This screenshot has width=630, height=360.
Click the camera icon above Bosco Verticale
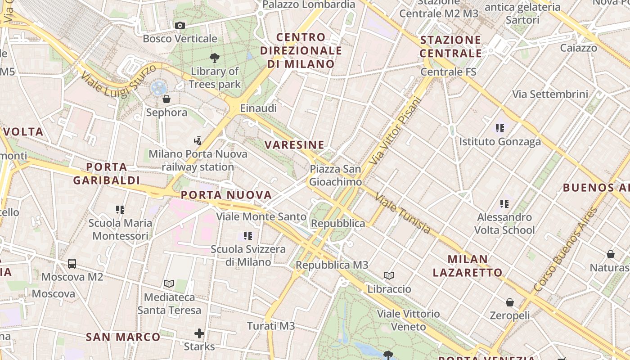pos(180,26)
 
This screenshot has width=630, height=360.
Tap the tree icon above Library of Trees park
pos(215,58)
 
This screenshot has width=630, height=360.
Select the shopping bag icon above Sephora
pos(166,99)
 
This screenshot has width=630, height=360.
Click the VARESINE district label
pos(294,145)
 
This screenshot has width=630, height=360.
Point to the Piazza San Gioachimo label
pos(335,175)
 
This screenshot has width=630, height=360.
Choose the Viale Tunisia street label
pos(402,214)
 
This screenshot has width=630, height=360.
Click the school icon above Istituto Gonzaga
pos(499,128)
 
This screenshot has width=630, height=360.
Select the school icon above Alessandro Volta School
pos(504,204)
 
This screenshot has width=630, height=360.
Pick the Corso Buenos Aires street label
pos(565,250)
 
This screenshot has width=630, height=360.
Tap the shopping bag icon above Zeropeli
pos(510,302)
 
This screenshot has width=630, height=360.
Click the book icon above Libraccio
pos(389,275)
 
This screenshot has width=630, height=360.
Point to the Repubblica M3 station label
pos(332,265)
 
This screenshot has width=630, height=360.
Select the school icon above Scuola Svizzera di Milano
pos(248,235)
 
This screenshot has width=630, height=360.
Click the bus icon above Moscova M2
pos(72,264)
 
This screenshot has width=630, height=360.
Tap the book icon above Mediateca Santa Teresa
pos(169,283)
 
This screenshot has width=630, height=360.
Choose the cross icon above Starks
pos(199,333)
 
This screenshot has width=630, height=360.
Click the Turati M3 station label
pos(271,326)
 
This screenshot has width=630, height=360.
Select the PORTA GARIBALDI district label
pos(107,174)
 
